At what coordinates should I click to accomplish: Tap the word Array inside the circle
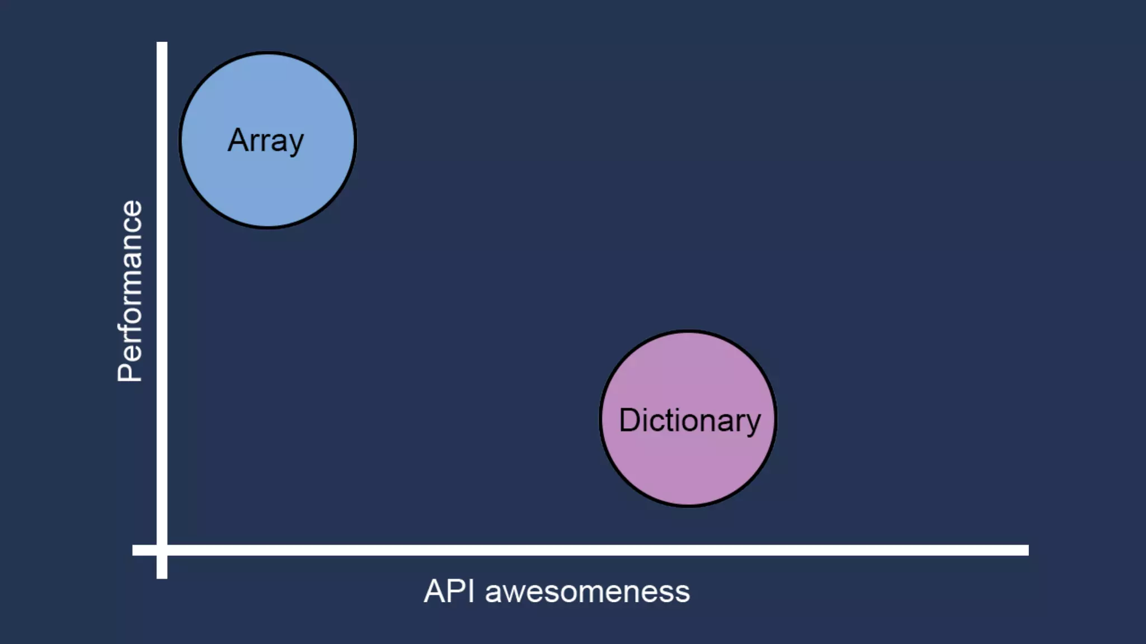click(x=266, y=140)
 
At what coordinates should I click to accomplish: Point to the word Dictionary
click(x=689, y=420)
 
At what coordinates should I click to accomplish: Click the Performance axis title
click(x=130, y=291)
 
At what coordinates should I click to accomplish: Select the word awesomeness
click(x=587, y=592)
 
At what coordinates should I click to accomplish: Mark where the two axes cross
click(x=162, y=550)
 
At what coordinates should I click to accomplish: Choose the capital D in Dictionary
click(x=630, y=420)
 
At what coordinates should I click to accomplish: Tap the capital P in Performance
click(x=130, y=371)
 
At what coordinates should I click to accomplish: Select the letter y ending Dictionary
click(x=752, y=424)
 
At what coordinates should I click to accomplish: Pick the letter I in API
click(x=472, y=591)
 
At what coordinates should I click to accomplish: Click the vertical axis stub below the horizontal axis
click(x=162, y=567)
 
